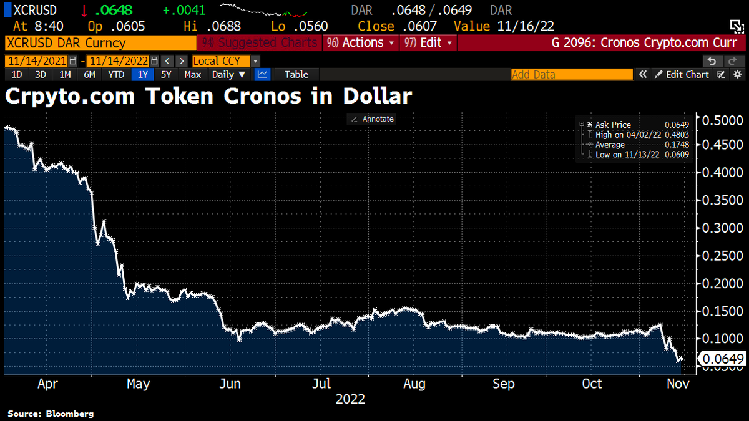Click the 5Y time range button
point(166,74)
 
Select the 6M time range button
point(89,74)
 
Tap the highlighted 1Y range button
point(143,74)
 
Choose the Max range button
point(193,74)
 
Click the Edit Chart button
point(682,74)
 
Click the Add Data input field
point(571,74)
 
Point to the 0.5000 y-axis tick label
point(723,120)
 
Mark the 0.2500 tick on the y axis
point(723,256)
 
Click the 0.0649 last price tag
point(723,359)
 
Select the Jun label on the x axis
point(230,384)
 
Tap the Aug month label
point(414,384)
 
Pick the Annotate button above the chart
point(373,119)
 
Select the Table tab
point(296,74)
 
